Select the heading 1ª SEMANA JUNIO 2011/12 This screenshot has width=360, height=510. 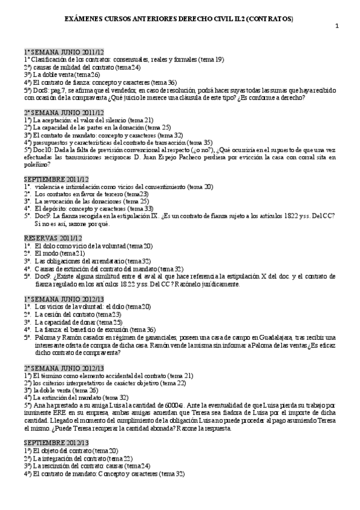64,52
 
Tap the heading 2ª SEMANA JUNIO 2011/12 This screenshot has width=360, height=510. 64,112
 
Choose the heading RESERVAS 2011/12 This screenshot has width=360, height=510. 53,238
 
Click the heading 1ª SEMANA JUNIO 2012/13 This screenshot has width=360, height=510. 64,298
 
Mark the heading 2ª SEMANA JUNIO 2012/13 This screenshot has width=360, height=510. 64,367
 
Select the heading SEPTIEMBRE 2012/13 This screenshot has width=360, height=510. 56,442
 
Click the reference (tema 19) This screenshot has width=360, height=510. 211,60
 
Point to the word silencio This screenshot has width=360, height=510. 129,120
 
